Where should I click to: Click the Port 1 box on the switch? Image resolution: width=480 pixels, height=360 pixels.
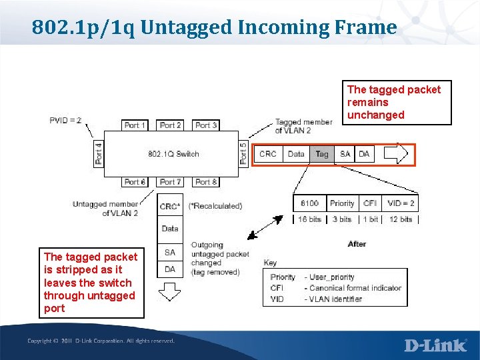click(135, 125)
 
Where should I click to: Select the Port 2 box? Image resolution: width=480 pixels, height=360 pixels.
click(171, 125)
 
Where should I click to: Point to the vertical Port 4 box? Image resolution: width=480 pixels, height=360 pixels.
click(99, 154)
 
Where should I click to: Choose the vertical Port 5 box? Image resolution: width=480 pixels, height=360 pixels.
click(243, 154)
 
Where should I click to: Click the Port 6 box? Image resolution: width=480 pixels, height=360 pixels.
click(135, 182)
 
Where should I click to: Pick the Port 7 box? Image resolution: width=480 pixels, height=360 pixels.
click(171, 182)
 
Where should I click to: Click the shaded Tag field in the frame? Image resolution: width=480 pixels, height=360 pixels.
click(321, 154)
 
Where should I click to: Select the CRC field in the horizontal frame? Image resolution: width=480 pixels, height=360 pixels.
click(268, 154)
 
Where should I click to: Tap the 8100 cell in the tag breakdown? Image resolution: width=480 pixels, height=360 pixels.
click(309, 203)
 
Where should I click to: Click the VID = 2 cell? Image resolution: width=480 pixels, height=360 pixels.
click(401, 203)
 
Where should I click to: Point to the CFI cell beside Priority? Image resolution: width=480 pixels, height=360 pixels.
click(370, 203)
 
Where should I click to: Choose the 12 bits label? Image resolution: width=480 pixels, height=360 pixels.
click(401, 219)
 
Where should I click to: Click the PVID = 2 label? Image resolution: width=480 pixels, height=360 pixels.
click(65, 121)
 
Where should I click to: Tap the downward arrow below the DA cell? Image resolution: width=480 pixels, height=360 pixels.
click(170, 292)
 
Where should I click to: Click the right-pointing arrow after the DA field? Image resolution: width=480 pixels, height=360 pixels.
click(395, 154)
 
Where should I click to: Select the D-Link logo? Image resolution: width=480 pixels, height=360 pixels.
click(435, 345)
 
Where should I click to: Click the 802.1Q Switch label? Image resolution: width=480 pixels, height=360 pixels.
click(173, 154)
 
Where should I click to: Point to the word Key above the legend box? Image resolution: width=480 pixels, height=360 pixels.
click(270, 263)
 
